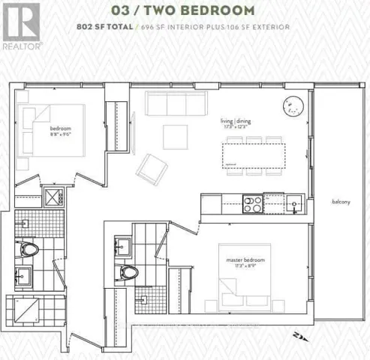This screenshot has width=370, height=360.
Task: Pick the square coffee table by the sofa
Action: click(x=176, y=136)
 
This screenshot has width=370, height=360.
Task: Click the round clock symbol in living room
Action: click(x=293, y=107)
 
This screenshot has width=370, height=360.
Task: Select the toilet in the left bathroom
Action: click(x=29, y=247)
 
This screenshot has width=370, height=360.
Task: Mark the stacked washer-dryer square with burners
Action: click(x=53, y=198)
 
